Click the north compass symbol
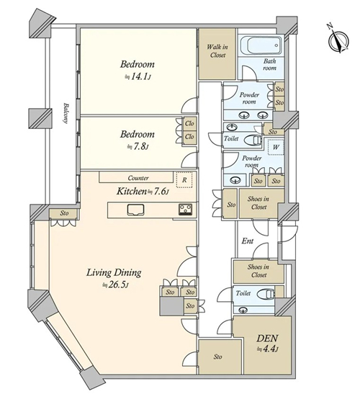(x=338, y=40)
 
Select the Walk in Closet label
(x=217, y=51)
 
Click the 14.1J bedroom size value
(x=138, y=76)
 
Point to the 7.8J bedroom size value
(x=138, y=146)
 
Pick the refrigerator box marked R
(x=184, y=180)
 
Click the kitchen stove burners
(x=186, y=210)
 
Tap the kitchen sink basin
(x=135, y=210)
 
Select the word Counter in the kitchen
(x=138, y=178)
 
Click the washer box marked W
(x=276, y=147)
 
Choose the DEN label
(x=267, y=339)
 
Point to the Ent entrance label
(x=248, y=241)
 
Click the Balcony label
(x=66, y=113)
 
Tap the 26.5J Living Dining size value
(x=116, y=285)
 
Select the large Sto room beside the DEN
(x=220, y=357)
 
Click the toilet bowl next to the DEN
(x=267, y=293)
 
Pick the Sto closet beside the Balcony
(x=63, y=214)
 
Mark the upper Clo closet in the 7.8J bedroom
(x=189, y=124)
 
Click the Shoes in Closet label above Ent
(x=258, y=203)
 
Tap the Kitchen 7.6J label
(x=143, y=192)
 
